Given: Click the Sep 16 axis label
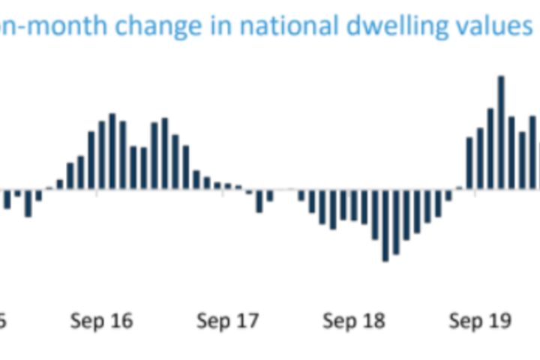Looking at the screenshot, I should pos(102,321).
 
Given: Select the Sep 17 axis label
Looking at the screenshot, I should pos(228,321).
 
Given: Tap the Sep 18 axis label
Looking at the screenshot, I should pos(354,321).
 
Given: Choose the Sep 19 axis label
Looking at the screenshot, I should pos(480,321).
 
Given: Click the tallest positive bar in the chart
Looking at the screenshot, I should pos(501,132).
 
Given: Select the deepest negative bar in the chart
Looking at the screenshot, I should pos(385,225).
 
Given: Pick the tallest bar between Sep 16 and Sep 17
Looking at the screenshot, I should pos(112,151).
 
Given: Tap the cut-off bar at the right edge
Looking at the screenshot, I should pos(538,165).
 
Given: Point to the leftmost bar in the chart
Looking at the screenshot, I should pos(7,199).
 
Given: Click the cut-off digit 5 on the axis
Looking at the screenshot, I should pos(2,321).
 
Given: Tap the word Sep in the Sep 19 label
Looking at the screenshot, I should pos(465,322).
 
